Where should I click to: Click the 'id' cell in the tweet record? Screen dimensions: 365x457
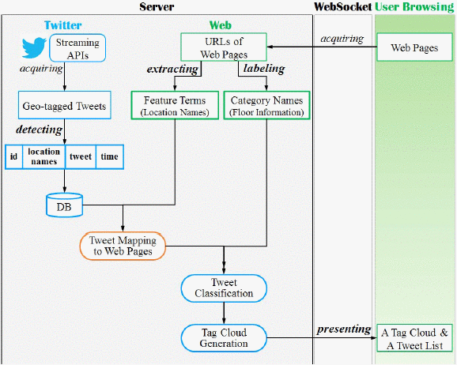[x=13, y=156]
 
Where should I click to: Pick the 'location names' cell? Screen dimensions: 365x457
[x=44, y=156]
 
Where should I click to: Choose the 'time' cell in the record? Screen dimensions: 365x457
[x=109, y=156]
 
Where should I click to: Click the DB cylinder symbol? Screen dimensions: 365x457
[x=63, y=206]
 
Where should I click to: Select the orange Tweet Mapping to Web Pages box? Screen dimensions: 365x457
[x=123, y=246]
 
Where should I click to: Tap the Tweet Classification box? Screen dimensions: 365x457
[x=224, y=288]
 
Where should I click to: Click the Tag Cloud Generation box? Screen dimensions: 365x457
[x=224, y=337]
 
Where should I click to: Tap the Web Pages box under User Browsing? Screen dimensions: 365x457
[x=414, y=48]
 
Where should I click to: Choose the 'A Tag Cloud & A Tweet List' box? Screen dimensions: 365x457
[x=414, y=337]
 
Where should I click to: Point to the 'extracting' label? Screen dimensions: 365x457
[x=172, y=70]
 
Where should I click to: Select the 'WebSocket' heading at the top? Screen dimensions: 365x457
[x=342, y=6]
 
